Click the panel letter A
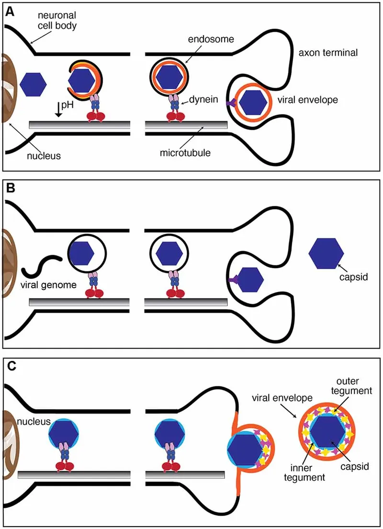(10, 12)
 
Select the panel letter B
(10, 190)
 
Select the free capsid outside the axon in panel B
(326, 253)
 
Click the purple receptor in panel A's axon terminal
(233, 102)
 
